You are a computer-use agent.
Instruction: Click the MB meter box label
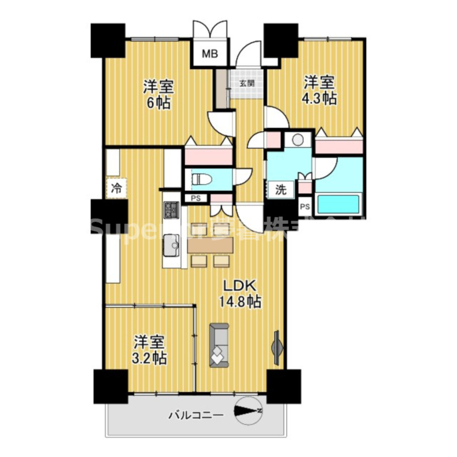coord(209,53)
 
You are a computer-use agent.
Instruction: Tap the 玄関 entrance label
coord(246,83)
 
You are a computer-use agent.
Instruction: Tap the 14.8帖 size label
coord(240,301)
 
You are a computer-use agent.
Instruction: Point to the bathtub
coord(338,204)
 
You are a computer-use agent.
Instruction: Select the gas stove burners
coord(171,209)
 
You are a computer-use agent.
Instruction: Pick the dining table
coord(211,245)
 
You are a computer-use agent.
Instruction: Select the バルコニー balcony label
coord(196,415)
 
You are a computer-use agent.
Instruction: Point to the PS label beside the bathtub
coord(305,207)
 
